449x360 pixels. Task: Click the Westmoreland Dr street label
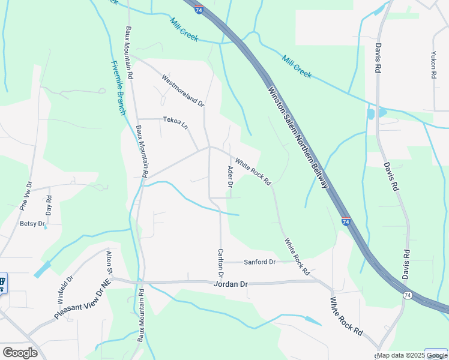point(183,90)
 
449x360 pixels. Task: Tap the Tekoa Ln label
point(175,120)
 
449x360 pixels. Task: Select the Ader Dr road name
point(229,176)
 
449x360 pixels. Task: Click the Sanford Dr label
point(259,262)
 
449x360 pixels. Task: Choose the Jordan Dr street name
point(231,284)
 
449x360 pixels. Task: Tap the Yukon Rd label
point(433,64)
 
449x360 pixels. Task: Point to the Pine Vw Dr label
point(25,194)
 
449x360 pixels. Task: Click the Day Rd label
point(49,206)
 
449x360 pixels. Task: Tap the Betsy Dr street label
point(32,224)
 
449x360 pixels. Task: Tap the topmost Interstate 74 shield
point(199,9)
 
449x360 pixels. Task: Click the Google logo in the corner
point(20,353)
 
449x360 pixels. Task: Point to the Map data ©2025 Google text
point(412,356)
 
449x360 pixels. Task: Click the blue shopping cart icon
point(2,281)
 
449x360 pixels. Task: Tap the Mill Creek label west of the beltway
point(184,29)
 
